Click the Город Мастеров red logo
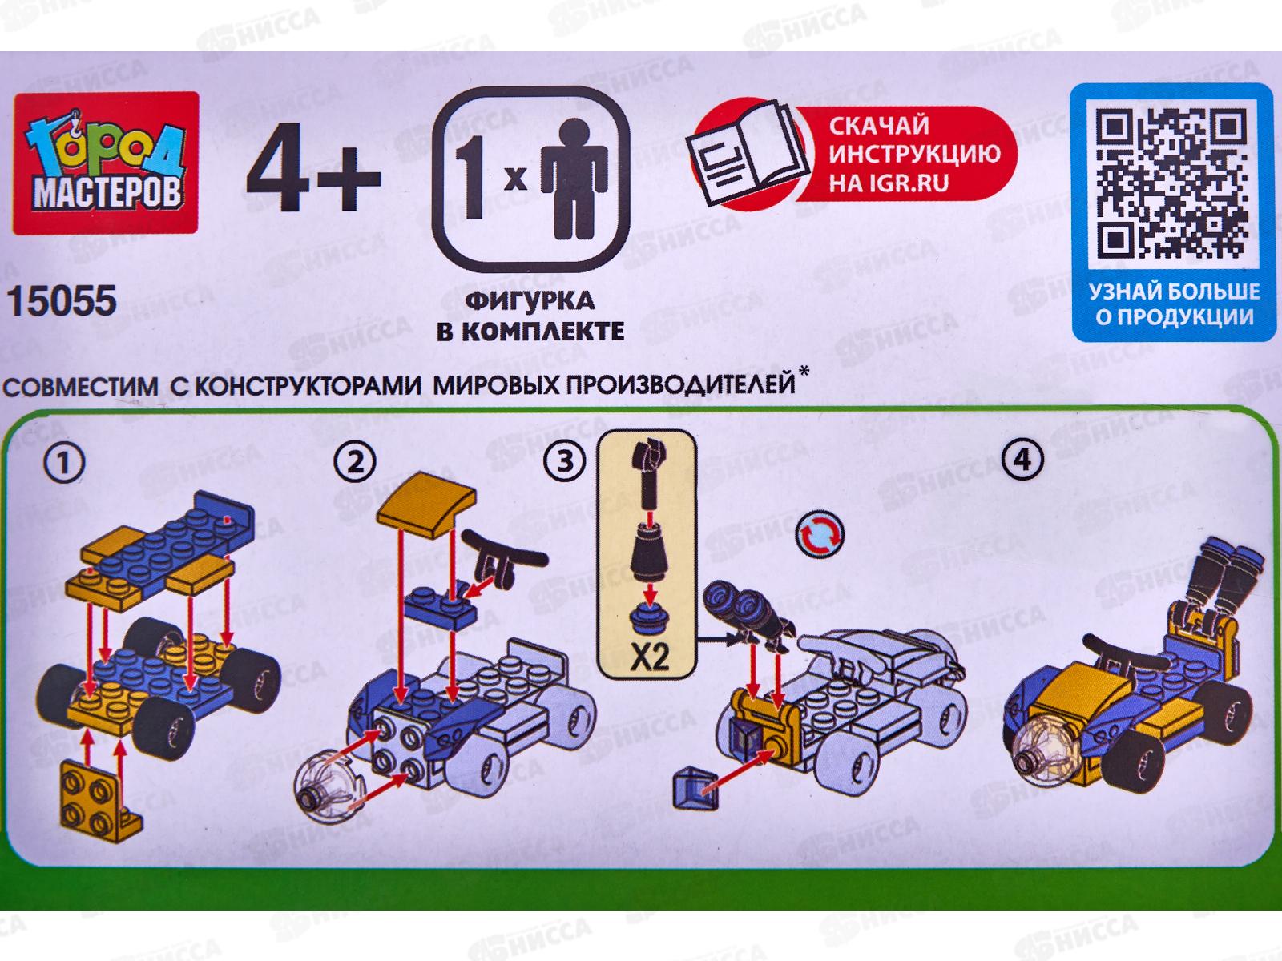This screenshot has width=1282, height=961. point(106,163)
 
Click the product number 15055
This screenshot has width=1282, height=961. point(62,301)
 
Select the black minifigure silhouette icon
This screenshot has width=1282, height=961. point(574,179)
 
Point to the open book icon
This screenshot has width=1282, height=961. point(748,155)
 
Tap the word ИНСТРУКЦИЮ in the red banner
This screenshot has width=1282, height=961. point(915,155)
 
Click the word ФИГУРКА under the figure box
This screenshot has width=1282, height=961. point(530,301)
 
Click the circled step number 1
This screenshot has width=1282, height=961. point(64,464)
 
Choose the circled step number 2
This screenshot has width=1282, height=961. point(354,463)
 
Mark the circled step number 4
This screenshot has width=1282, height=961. point(1022,460)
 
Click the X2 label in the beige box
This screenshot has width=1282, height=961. point(649,659)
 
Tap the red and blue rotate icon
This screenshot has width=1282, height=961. point(820,534)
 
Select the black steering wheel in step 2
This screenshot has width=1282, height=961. point(503,561)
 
